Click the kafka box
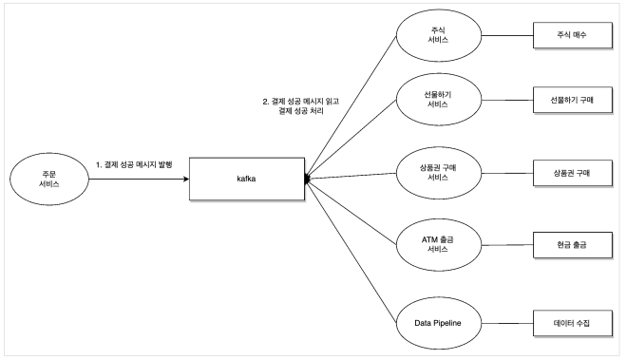click(x=247, y=179)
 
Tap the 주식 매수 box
click(x=573, y=35)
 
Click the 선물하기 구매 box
click(x=573, y=100)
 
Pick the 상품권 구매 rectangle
click(x=573, y=173)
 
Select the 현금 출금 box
click(x=573, y=245)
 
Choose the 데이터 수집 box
click(x=573, y=323)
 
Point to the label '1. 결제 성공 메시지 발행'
click(x=134, y=164)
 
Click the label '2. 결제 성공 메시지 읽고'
click(x=301, y=102)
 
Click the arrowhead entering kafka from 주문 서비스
click(x=186, y=179)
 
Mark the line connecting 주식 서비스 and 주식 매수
click(x=507, y=35)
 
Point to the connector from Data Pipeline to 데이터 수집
click(x=507, y=323)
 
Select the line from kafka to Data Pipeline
click(x=351, y=251)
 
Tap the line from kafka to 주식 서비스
click(x=351, y=107)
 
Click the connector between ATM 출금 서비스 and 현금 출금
click(x=507, y=245)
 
